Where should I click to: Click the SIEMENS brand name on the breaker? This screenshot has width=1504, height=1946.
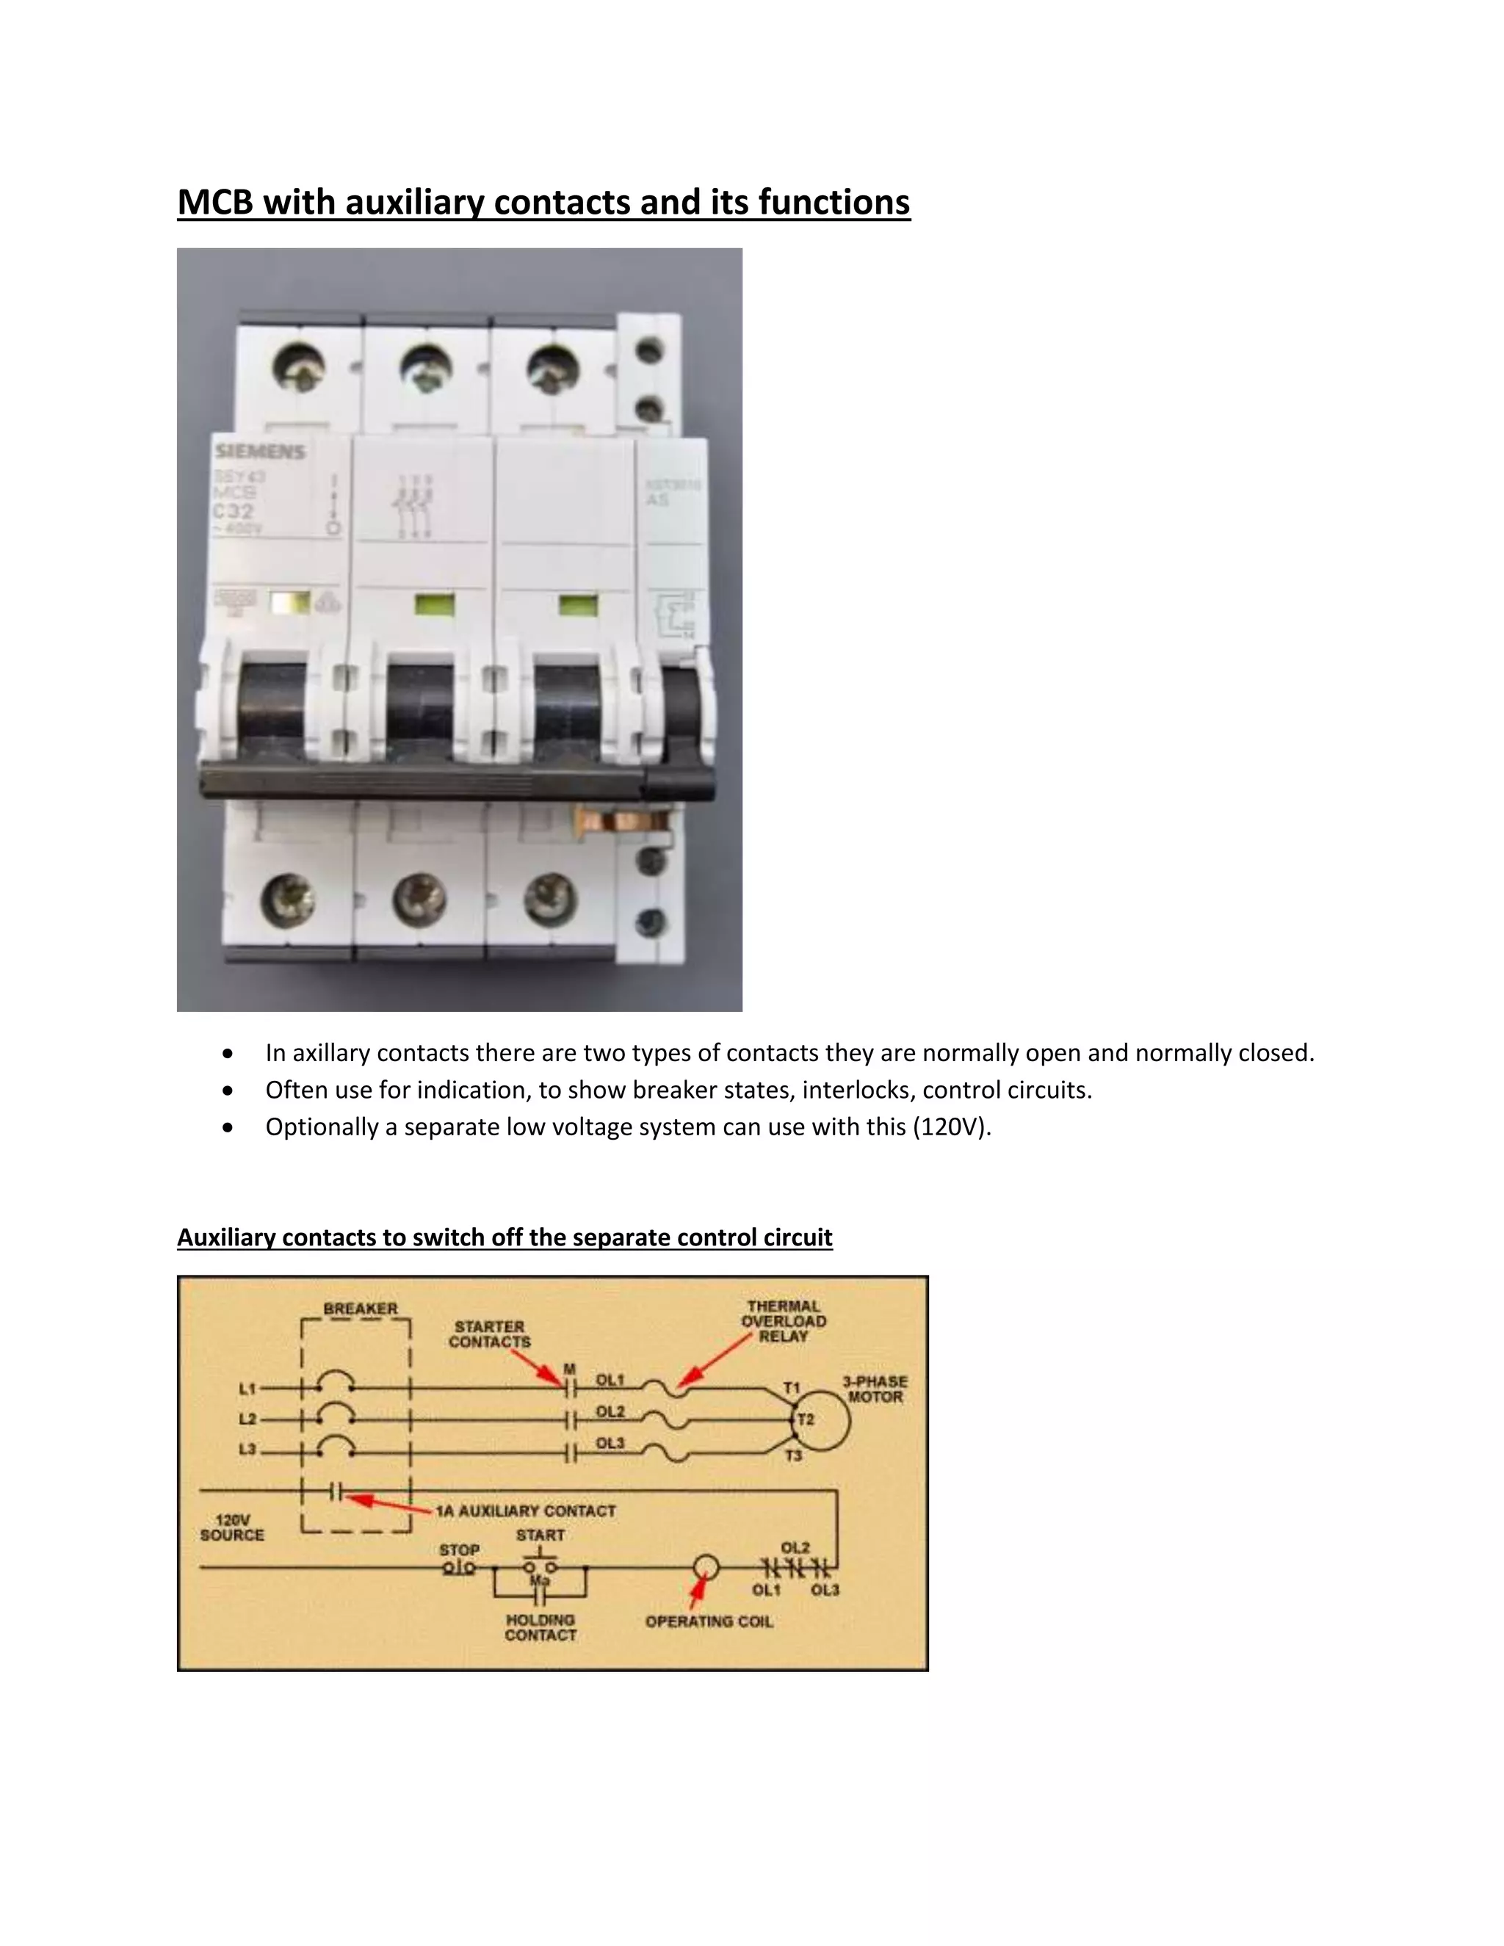[260, 452]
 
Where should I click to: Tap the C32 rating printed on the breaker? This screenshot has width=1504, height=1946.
[233, 511]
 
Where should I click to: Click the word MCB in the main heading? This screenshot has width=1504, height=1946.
[216, 202]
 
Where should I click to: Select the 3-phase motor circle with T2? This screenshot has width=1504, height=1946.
[822, 1419]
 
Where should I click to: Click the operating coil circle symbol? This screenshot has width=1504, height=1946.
[706, 1566]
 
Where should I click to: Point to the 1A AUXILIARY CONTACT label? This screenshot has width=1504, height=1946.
[526, 1511]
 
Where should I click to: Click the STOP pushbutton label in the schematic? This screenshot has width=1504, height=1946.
[459, 1549]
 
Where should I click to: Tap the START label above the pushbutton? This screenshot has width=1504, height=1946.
[540, 1536]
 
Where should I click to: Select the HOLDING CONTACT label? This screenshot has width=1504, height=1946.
[540, 1627]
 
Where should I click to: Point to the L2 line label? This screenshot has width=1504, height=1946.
[247, 1419]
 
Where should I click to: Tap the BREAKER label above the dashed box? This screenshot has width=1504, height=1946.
[360, 1308]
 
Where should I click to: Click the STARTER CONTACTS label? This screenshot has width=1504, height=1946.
[490, 1334]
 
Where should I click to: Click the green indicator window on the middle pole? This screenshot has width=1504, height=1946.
[435, 606]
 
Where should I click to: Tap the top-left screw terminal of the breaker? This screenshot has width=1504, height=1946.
[298, 368]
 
